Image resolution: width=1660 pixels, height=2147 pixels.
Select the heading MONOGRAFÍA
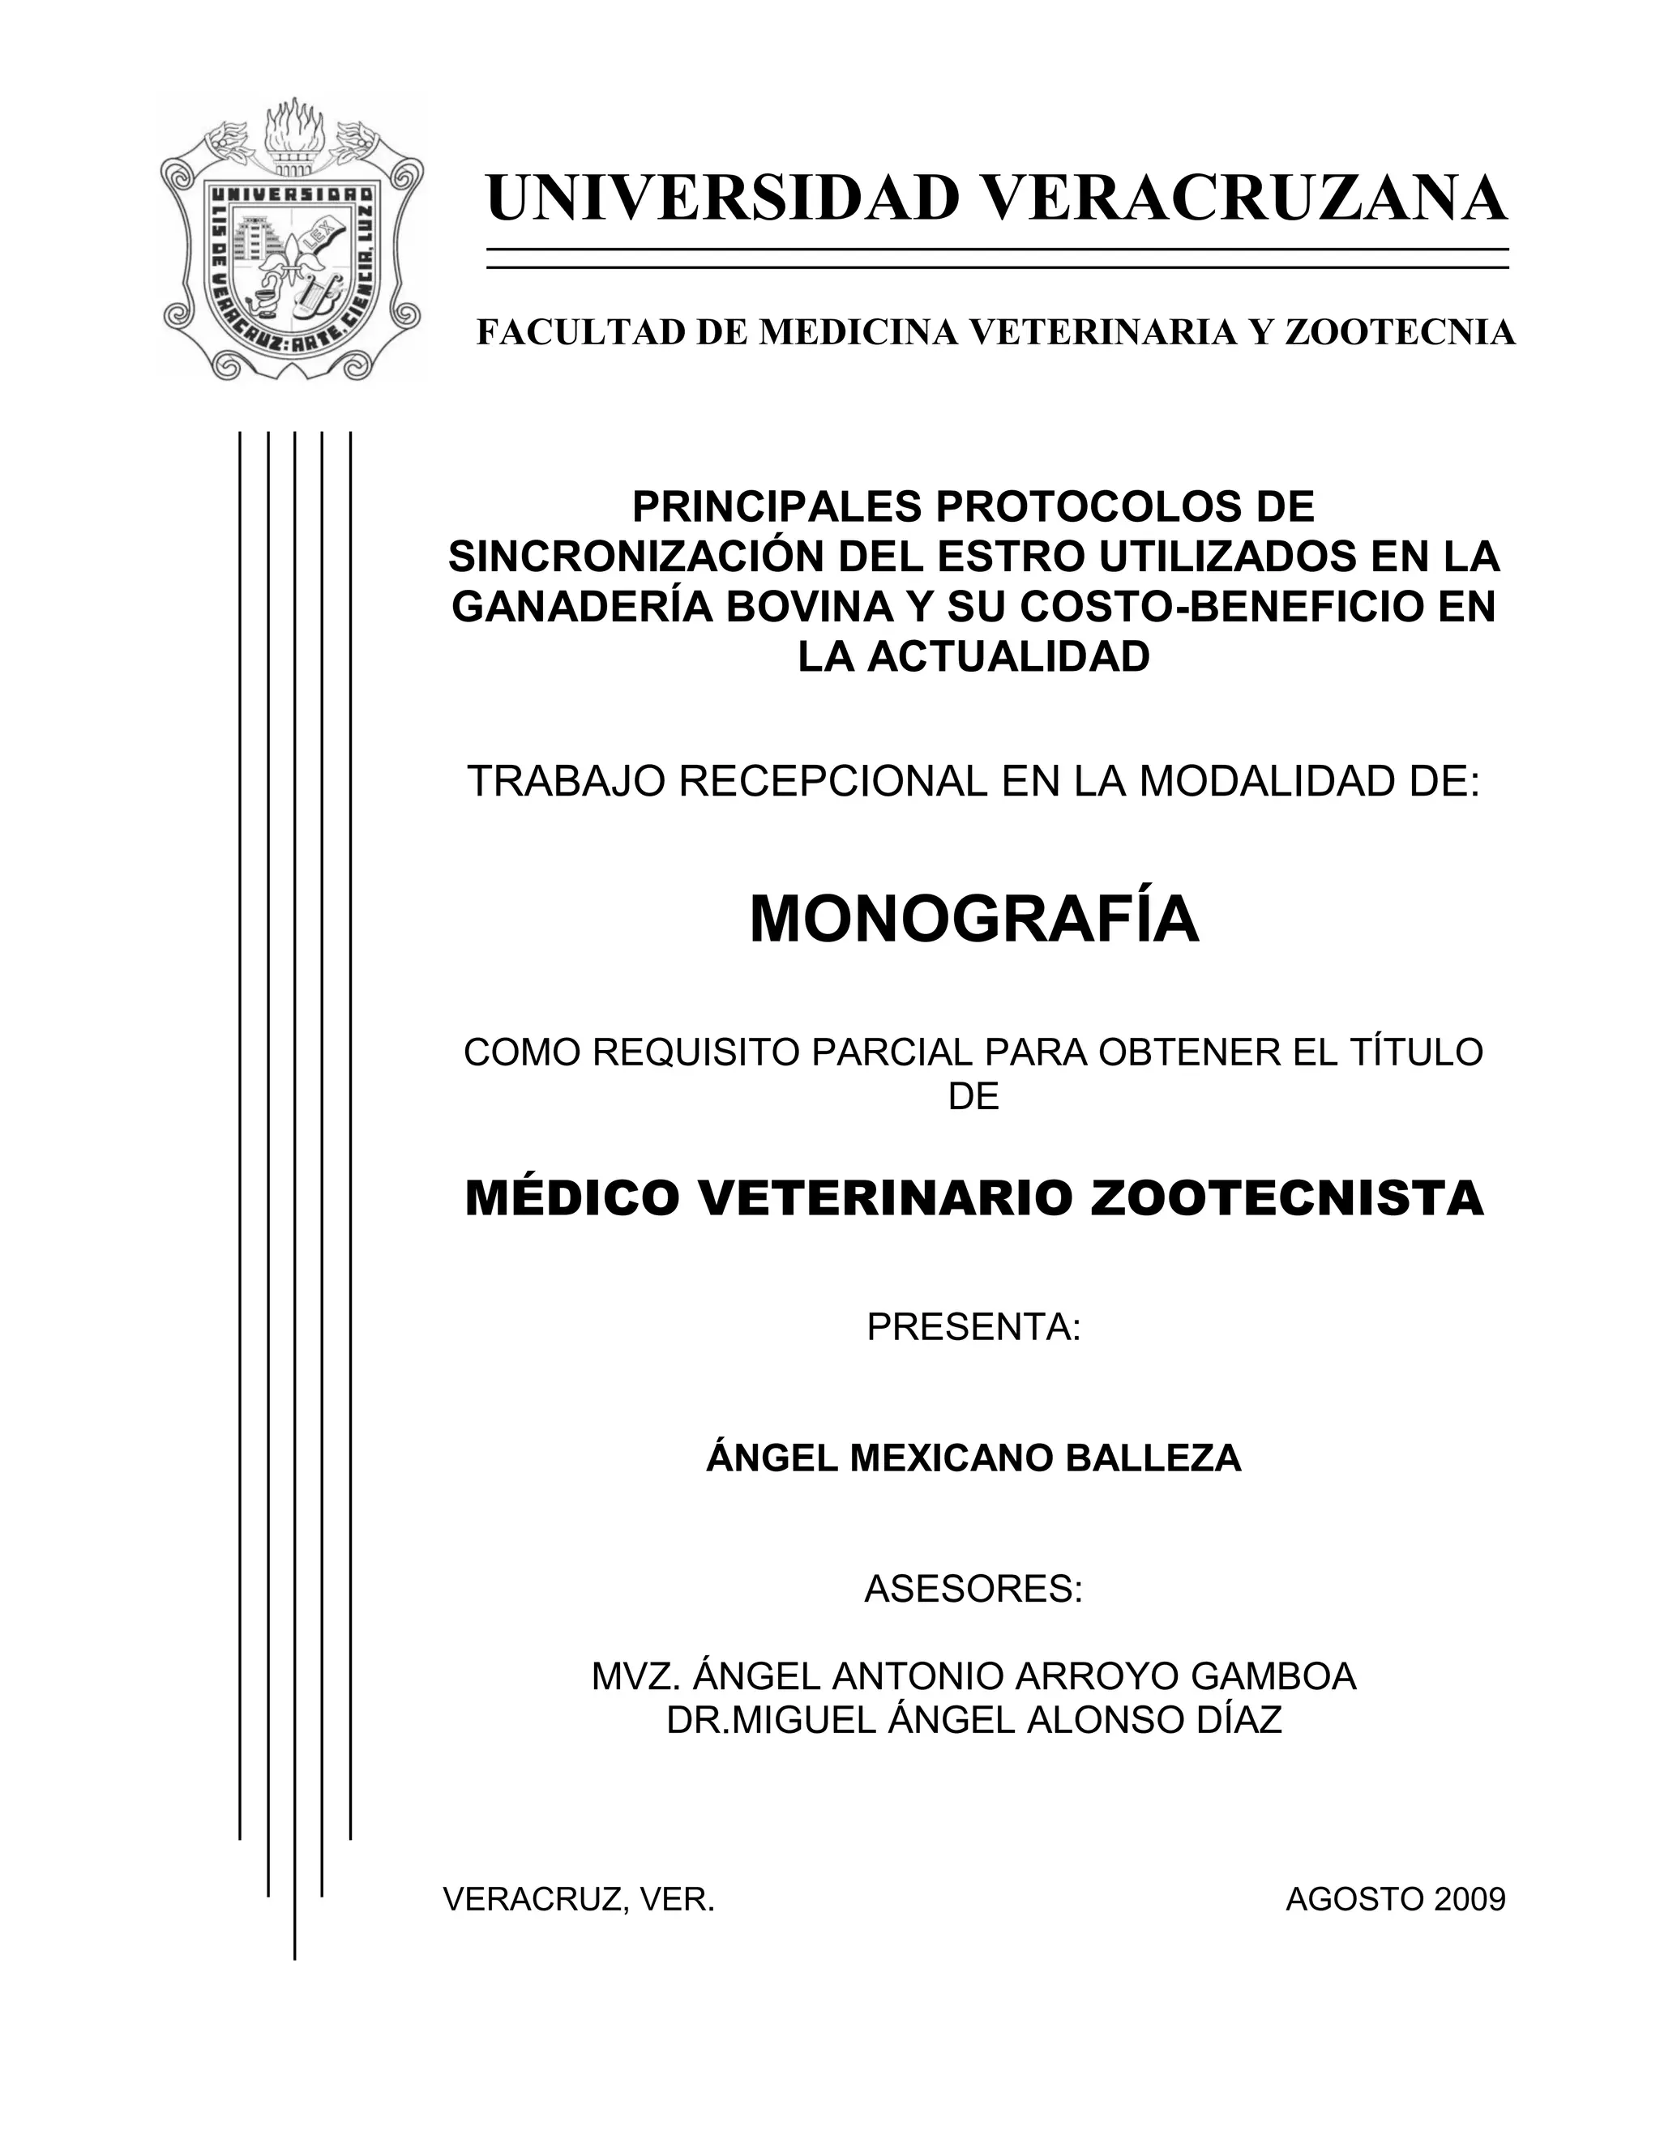click(973, 920)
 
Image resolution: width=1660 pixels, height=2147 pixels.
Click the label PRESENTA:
click(973, 1327)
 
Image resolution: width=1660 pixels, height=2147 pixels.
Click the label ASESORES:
click(973, 1589)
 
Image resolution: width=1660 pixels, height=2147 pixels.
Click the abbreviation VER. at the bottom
click(677, 1899)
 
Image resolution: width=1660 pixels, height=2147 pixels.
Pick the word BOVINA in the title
click(807, 607)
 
